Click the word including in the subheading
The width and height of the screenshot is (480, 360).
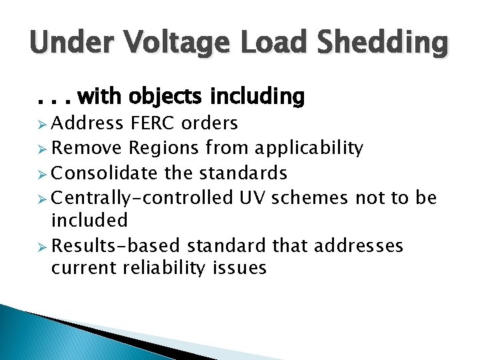pyautogui.click(x=257, y=98)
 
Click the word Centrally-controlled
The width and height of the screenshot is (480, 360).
pyautogui.click(x=142, y=197)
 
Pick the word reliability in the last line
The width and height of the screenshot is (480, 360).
pyautogui.click(x=165, y=268)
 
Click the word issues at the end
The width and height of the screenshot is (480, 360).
pyautogui.click(x=243, y=268)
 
